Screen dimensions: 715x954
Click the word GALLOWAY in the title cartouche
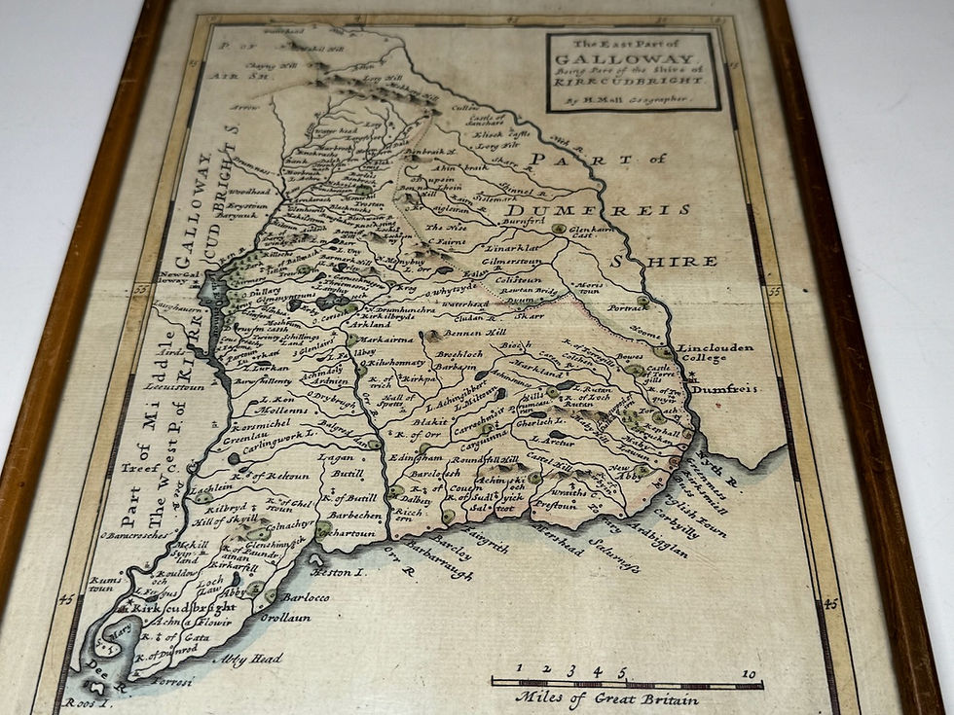pyautogui.click(x=633, y=58)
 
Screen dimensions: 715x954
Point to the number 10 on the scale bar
pyautogui.click(x=748, y=672)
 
